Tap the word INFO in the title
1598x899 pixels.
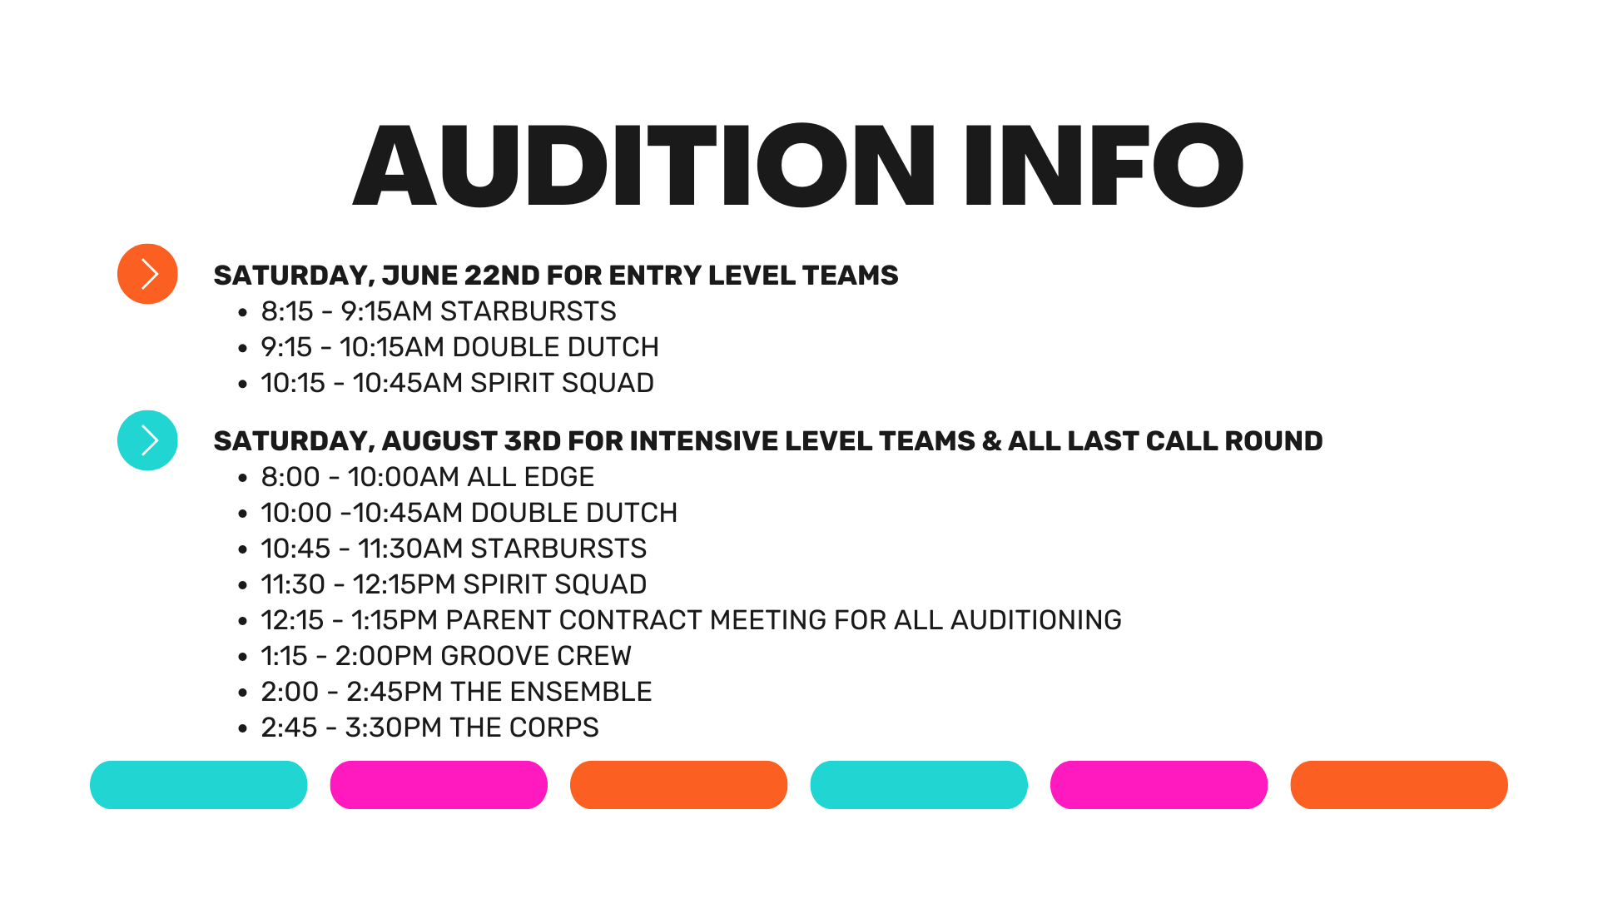1104,165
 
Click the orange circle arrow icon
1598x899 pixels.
147,274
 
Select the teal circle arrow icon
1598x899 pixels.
147,440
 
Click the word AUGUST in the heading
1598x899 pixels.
439,441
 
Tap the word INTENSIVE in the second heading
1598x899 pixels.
702,441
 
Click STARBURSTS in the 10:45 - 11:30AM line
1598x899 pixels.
558,549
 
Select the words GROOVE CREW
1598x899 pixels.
536,656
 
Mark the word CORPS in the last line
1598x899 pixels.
553,728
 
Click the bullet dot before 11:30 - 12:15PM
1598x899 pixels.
243,586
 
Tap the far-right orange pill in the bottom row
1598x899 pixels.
1399,785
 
